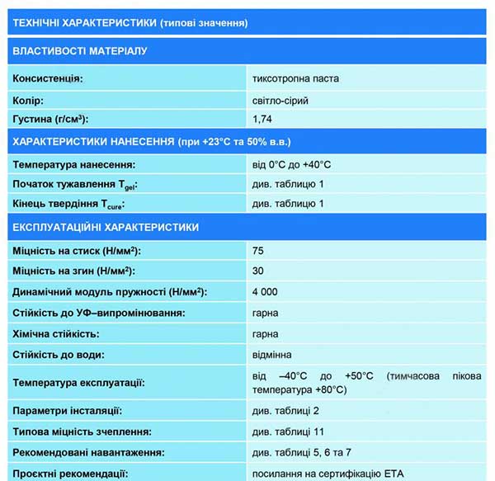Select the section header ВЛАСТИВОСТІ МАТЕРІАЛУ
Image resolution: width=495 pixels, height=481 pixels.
79,51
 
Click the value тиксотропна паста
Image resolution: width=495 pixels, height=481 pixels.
295,79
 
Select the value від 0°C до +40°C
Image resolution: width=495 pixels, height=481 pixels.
292,164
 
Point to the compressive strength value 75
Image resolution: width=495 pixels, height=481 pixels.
258,250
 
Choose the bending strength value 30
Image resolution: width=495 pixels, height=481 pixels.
258,271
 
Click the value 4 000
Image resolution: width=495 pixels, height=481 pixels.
265,292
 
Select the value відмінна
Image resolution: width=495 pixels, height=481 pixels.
274,355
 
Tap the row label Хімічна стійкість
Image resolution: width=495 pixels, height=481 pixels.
56,334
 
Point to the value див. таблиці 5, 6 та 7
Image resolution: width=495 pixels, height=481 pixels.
302,452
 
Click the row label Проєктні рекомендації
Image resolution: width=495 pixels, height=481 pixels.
70,474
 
